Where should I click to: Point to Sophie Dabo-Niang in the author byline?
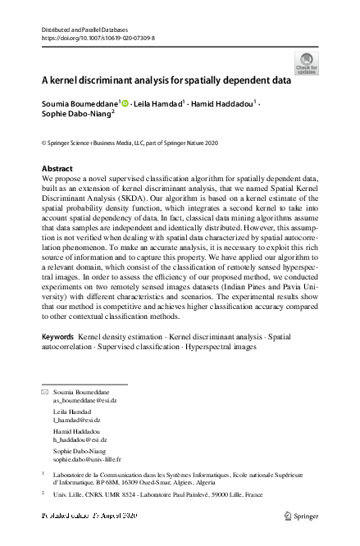74,116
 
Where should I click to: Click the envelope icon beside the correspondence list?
45,394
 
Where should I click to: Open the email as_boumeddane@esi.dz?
80,401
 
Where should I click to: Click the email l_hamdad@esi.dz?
76,419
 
